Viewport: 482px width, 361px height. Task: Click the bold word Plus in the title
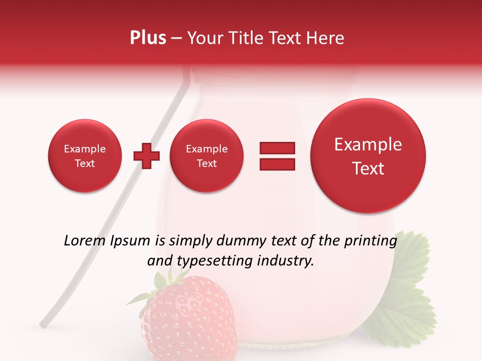(148, 38)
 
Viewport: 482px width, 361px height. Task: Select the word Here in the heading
(325, 38)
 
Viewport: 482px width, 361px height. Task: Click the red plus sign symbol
(147, 156)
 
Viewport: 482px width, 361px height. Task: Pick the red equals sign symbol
(277, 156)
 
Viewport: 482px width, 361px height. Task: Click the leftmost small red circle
(84, 156)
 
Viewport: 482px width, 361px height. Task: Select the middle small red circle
(206, 156)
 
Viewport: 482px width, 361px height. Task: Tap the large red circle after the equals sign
(368, 156)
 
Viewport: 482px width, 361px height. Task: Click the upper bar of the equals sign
(277, 147)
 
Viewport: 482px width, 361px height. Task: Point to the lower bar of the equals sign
(277, 164)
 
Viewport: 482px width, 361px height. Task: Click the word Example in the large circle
(368, 145)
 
